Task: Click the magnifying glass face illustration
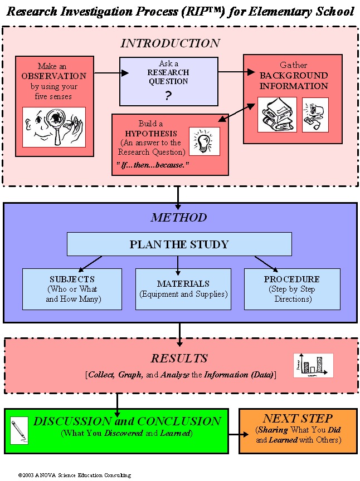54,127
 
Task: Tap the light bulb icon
204,141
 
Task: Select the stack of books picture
277,115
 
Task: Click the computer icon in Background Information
315,115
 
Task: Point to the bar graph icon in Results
313,365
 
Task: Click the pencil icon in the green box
19,430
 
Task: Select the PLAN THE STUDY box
179,244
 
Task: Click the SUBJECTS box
72,289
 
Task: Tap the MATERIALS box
183,289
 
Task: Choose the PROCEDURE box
291,289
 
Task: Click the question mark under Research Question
168,96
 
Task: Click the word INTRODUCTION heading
170,43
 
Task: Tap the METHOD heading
178,218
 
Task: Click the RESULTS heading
179,359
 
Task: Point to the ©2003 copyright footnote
74,475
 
